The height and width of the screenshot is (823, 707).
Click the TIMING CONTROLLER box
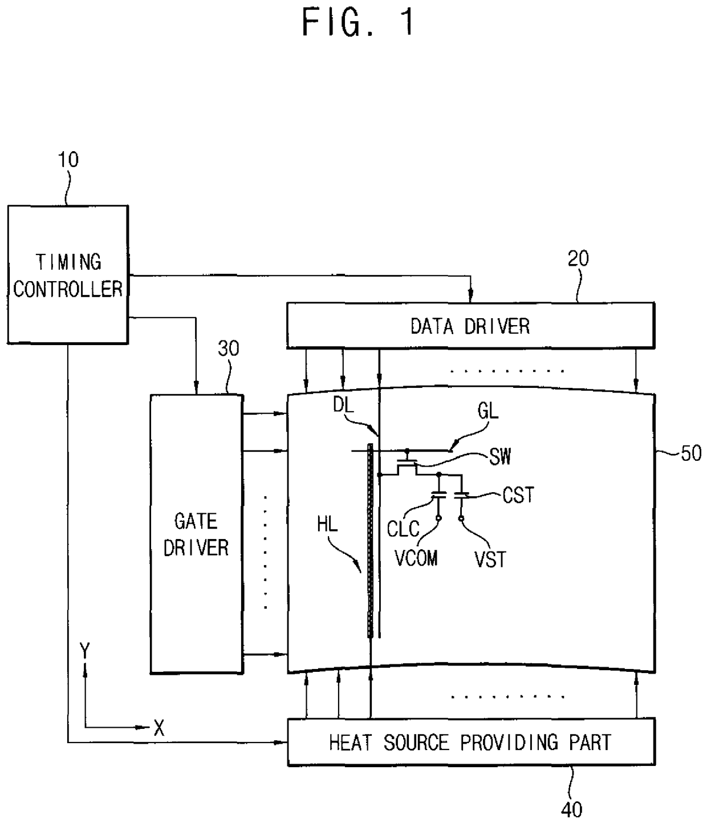click(67, 274)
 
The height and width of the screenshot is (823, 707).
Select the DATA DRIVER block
click(470, 326)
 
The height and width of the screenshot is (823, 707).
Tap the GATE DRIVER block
click(196, 534)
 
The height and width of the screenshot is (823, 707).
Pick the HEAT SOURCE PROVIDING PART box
click(470, 742)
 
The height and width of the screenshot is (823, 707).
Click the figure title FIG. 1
click(357, 23)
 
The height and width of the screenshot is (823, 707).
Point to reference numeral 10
click(68, 160)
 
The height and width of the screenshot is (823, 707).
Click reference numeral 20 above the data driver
click(578, 259)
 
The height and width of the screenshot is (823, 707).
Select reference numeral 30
click(229, 348)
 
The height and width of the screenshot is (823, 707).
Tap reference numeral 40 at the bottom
click(572, 809)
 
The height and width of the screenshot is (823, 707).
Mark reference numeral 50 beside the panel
click(691, 453)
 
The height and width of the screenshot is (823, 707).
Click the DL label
click(343, 405)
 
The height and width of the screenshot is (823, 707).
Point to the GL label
click(488, 411)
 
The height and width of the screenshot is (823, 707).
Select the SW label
click(500, 456)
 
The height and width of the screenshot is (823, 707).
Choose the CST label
click(518, 495)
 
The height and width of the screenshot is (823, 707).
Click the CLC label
click(403, 529)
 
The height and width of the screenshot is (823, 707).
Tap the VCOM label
click(416, 558)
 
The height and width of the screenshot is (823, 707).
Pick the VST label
click(490, 559)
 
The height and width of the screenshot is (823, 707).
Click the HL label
click(327, 524)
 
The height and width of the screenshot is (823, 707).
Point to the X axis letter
click(159, 728)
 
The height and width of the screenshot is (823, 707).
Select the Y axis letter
click(85, 651)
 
